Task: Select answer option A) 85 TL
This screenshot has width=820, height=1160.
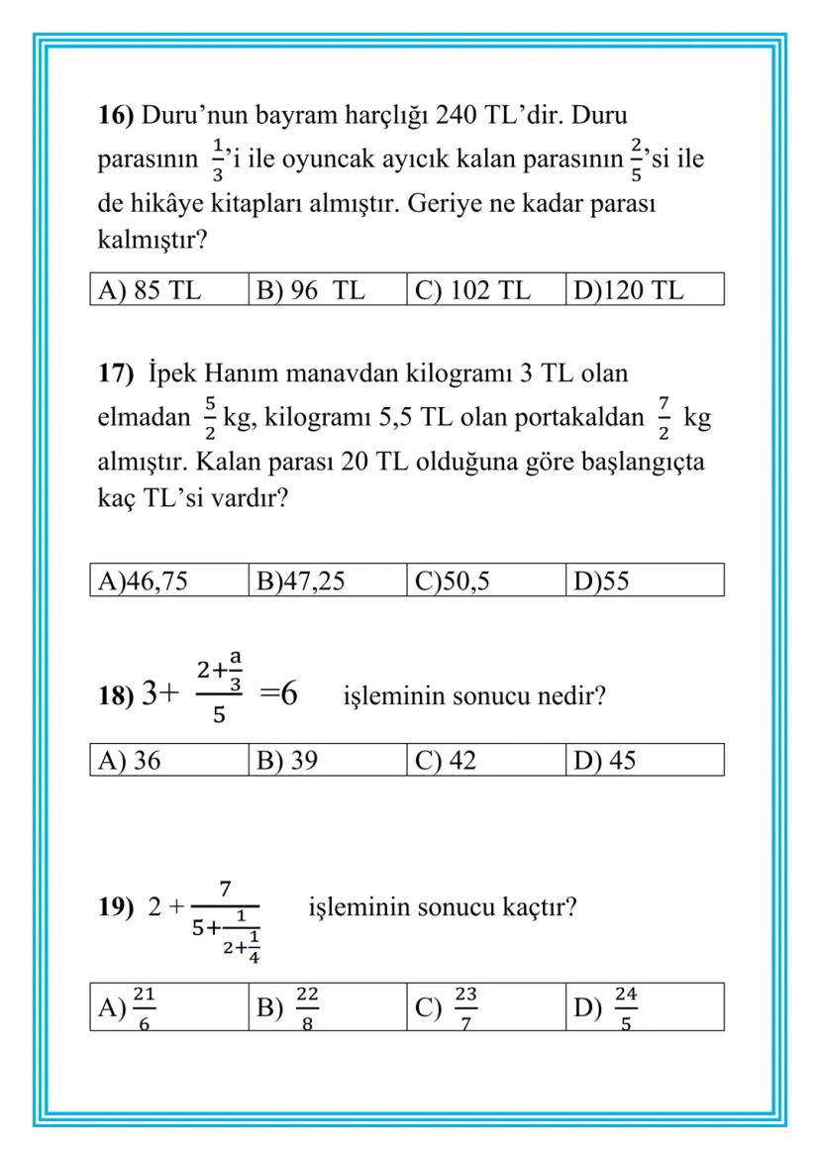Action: click(x=148, y=290)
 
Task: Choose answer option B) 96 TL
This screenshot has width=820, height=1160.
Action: click(x=311, y=290)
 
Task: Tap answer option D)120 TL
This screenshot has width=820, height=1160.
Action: click(x=629, y=290)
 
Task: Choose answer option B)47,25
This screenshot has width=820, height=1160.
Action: click(x=301, y=580)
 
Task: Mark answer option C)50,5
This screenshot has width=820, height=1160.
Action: click(x=452, y=580)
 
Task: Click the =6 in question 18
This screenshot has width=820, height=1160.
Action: click(x=278, y=693)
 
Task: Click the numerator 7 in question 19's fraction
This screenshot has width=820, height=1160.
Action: click(x=225, y=888)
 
